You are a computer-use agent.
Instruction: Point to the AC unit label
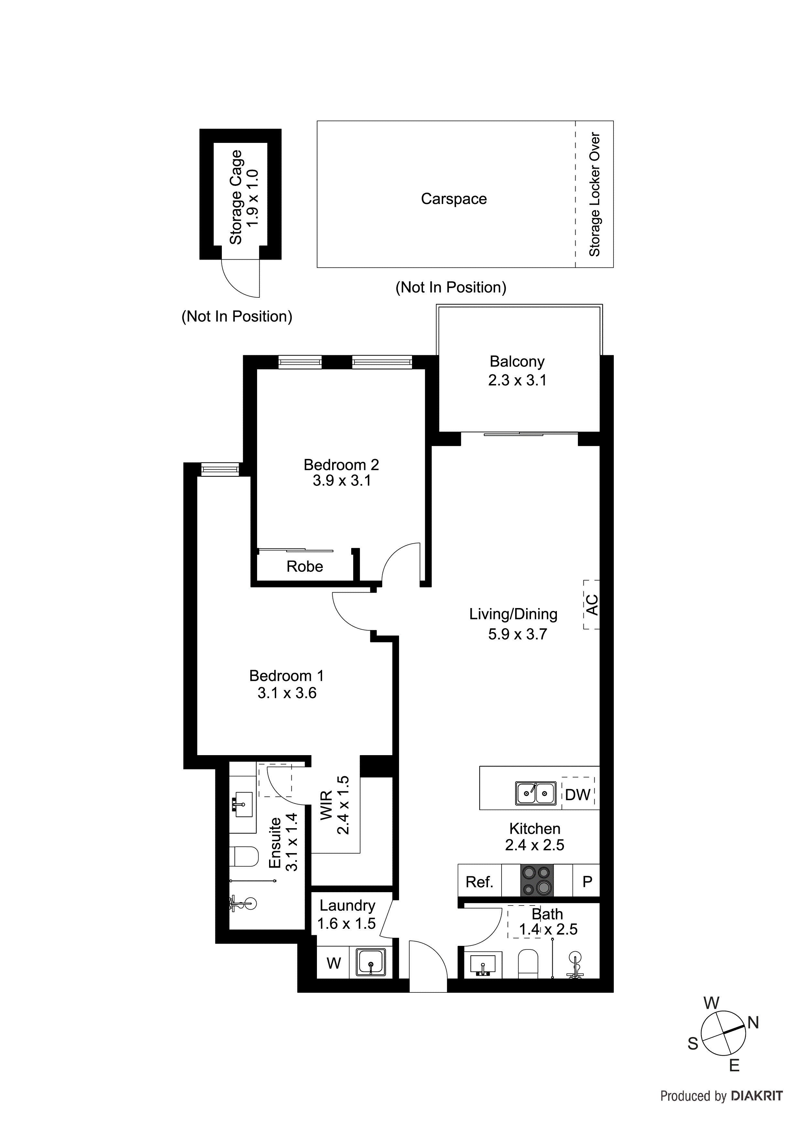pos(591,604)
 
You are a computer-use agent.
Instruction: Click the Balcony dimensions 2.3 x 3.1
pos(517,380)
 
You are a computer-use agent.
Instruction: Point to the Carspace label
pos(454,198)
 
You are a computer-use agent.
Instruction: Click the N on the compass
pos(753,1023)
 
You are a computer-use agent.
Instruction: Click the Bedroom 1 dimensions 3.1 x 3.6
pos(287,693)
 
